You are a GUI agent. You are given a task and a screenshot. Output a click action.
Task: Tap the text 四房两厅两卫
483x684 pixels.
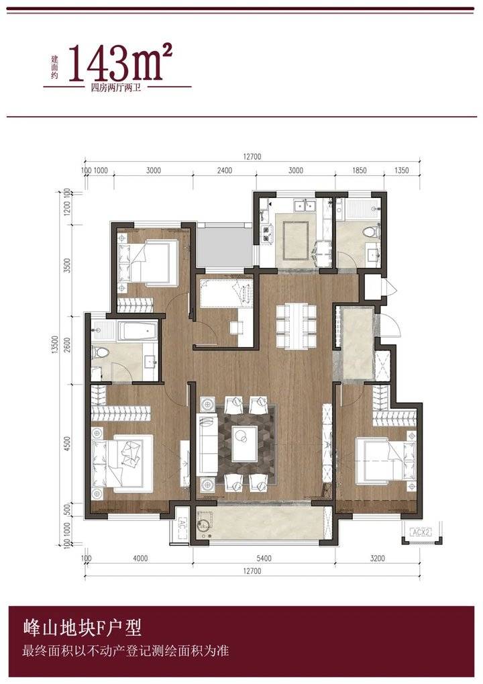tap(116, 87)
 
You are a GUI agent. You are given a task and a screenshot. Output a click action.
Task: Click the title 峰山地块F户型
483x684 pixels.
tap(83, 628)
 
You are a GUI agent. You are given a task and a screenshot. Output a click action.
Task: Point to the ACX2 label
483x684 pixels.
tap(421, 532)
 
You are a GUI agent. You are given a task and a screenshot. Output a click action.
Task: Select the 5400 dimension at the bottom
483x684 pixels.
tap(264, 558)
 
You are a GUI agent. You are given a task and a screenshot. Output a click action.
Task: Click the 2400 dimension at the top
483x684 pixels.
tap(225, 170)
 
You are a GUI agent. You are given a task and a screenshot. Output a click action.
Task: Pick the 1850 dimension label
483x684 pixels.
tap(359, 170)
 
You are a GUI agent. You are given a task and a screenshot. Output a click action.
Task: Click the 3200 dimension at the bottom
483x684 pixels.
tap(378, 558)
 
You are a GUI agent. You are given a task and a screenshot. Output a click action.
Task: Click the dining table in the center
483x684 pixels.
tap(296, 326)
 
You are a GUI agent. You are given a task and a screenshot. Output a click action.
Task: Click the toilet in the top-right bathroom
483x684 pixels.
tap(372, 230)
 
